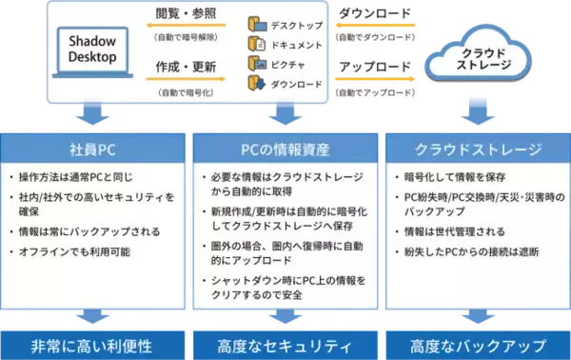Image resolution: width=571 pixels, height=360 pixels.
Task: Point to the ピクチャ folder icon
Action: click(255, 63)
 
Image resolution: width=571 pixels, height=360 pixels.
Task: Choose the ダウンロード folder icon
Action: click(255, 85)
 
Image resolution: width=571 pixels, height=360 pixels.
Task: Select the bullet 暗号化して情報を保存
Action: click(451, 177)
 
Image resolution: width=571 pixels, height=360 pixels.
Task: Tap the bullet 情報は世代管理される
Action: click(454, 230)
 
